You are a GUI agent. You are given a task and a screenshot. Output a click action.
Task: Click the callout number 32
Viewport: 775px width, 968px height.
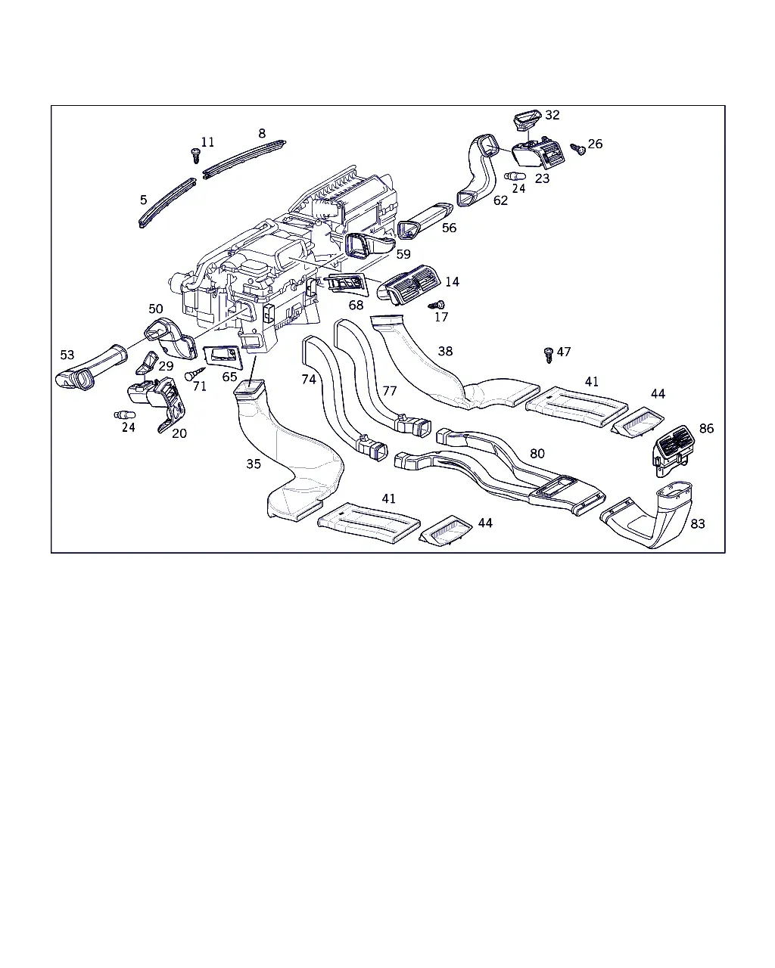[x=552, y=115]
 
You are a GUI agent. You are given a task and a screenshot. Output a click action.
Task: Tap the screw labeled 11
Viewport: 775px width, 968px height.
[x=196, y=155]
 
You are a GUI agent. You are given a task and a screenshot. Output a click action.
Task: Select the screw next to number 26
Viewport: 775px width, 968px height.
[x=577, y=149]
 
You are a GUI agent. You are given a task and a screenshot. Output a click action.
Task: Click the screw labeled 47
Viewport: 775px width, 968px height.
[x=549, y=355]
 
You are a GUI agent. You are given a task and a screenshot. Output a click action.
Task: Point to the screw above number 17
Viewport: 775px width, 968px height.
[x=437, y=305]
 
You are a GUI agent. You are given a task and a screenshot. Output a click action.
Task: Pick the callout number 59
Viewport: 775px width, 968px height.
[x=403, y=254]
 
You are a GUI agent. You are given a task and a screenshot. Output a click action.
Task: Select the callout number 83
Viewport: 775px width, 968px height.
[x=697, y=523]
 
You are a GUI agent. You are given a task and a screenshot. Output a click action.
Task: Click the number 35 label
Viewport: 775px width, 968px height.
[x=254, y=464]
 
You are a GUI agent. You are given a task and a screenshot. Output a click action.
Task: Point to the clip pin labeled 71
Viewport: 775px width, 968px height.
[x=194, y=374]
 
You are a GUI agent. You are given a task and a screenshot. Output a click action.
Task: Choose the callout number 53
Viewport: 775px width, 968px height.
[x=67, y=355]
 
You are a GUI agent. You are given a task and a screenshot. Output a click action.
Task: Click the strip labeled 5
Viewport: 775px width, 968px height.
[x=167, y=203]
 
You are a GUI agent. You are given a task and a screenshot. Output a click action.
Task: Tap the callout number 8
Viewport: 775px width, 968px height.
[x=262, y=133]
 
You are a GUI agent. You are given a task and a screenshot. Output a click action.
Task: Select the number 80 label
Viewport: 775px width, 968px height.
[x=537, y=454]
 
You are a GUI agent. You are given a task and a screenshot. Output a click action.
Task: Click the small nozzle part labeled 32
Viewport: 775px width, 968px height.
[x=527, y=119]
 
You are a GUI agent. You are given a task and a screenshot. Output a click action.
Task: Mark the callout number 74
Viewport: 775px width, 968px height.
[x=309, y=380]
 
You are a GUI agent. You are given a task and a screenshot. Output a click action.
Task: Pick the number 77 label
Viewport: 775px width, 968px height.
[x=390, y=391]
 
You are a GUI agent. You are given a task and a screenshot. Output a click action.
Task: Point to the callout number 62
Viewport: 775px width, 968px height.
[x=500, y=200]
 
